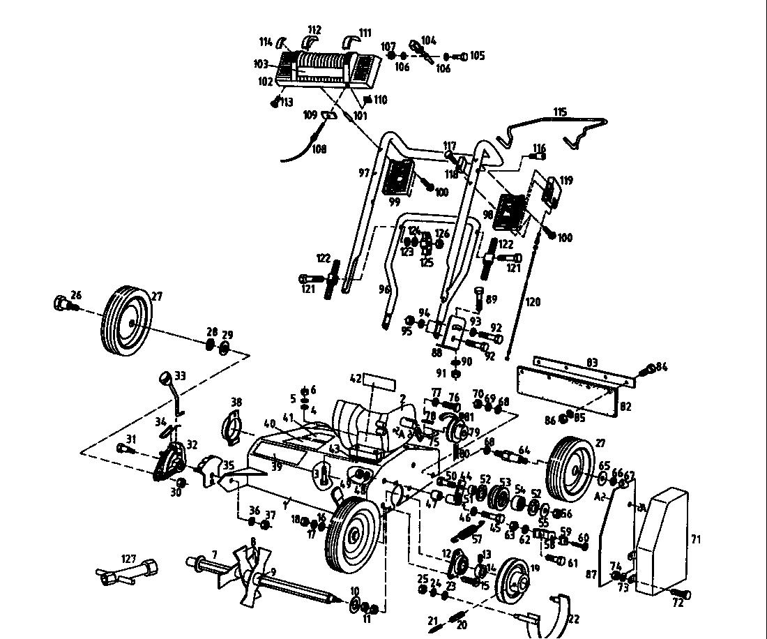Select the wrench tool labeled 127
pos(129,573)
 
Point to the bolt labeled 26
pos(61,303)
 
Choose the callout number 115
pos(560,112)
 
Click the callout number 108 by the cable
pos(319,148)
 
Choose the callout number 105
pos(477,55)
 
